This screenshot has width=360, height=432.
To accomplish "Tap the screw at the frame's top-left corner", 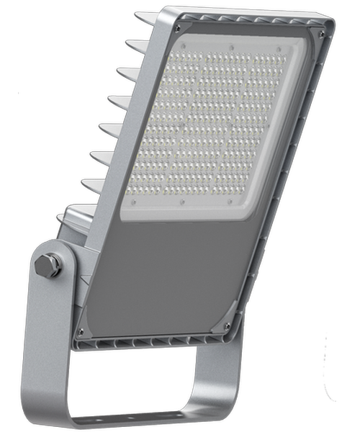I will (177, 28).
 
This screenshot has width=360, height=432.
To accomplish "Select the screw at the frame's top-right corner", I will (321, 33).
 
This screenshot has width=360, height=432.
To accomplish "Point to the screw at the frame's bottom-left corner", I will (81, 331).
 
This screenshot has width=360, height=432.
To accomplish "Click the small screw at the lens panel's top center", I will (232, 45).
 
